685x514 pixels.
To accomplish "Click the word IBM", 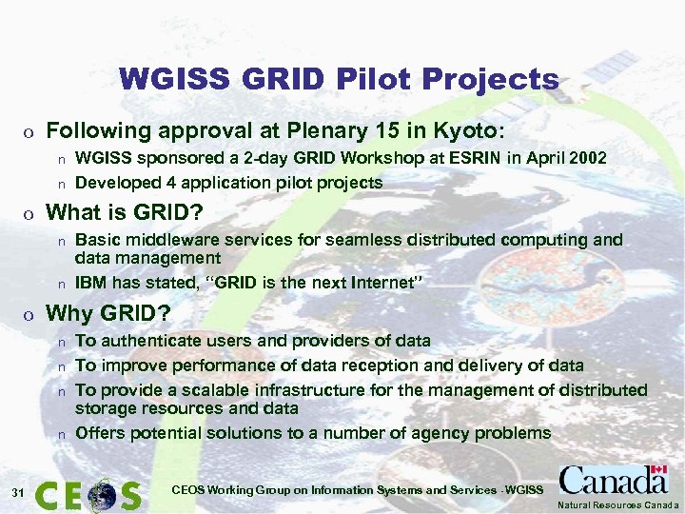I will coord(90,283).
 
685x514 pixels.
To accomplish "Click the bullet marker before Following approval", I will coord(30,131).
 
